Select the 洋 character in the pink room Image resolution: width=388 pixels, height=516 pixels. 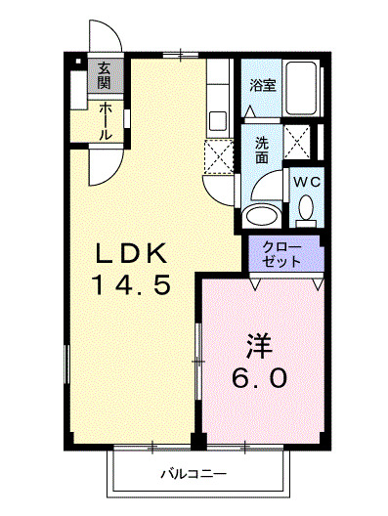[x=257, y=345]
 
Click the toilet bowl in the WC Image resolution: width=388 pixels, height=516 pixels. [x=306, y=208]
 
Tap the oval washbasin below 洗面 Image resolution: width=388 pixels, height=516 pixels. [x=261, y=216]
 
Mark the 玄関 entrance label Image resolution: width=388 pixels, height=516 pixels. [x=103, y=76]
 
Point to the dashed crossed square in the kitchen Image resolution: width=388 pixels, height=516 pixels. [x=218, y=155]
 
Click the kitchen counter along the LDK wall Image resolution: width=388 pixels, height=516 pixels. [x=218, y=98]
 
